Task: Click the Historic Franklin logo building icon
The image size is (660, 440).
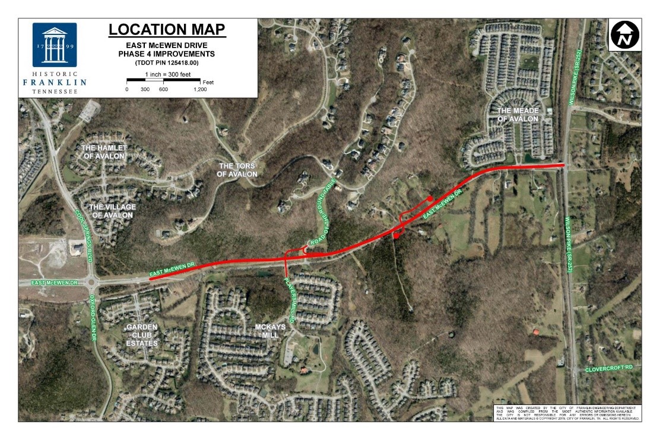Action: click(55, 45)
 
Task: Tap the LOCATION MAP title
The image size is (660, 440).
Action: click(167, 29)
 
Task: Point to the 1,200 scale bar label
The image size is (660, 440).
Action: click(200, 89)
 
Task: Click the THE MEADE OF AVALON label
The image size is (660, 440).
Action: click(517, 115)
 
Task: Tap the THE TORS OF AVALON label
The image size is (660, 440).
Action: click(238, 170)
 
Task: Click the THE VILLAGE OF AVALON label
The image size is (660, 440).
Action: click(112, 211)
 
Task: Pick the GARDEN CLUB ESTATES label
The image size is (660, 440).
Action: click(142, 335)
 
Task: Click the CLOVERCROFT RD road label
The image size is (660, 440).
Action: click(609, 368)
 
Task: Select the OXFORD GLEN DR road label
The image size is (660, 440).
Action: click(93, 317)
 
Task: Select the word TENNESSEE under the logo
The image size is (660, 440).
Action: click(55, 91)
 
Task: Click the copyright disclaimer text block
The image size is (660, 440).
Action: click(567, 413)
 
